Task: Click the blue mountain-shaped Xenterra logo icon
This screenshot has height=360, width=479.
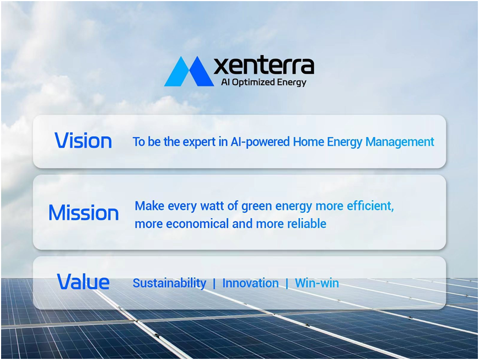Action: (189, 71)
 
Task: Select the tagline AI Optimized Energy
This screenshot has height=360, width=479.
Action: (263, 83)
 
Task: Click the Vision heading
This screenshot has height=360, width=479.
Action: (83, 141)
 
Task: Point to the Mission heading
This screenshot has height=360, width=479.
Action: (83, 212)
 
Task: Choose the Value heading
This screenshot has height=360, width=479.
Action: (83, 281)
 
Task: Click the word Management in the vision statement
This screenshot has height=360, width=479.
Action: (400, 142)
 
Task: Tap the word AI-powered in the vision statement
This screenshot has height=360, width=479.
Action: (260, 142)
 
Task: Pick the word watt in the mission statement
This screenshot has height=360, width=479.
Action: (212, 206)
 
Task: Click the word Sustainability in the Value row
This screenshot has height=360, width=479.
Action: (170, 283)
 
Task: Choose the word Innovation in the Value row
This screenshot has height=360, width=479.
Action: (250, 283)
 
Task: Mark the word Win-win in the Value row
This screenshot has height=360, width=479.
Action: (317, 283)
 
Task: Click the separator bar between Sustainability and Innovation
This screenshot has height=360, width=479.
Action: (214, 283)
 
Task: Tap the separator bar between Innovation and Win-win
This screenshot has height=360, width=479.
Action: (287, 283)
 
